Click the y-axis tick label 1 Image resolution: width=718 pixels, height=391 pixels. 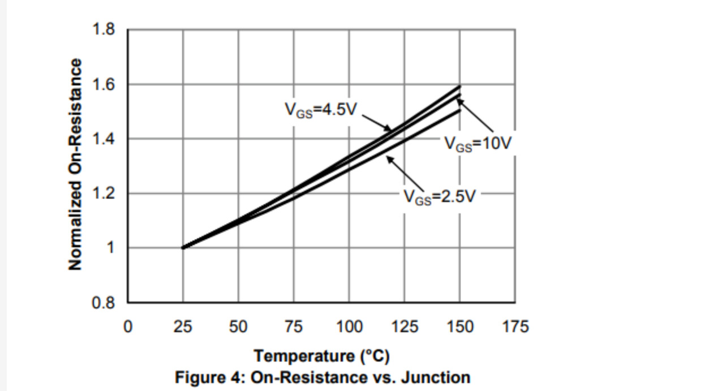(x=111, y=248)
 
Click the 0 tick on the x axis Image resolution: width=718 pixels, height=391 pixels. (x=128, y=326)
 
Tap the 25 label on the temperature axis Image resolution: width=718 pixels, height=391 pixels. (x=183, y=326)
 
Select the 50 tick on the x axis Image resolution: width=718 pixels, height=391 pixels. (x=238, y=326)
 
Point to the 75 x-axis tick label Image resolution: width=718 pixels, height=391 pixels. (x=293, y=326)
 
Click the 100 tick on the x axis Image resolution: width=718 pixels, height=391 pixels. (x=349, y=326)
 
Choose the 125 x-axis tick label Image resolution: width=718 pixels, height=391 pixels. (x=404, y=326)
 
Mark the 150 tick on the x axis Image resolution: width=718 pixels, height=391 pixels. (x=459, y=326)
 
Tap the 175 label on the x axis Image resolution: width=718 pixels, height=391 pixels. (x=515, y=326)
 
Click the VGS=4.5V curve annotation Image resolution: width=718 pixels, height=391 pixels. (x=320, y=110)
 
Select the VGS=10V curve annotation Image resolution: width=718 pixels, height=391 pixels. (x=478, y=144)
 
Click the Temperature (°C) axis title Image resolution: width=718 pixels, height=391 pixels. (x=321, y=356)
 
